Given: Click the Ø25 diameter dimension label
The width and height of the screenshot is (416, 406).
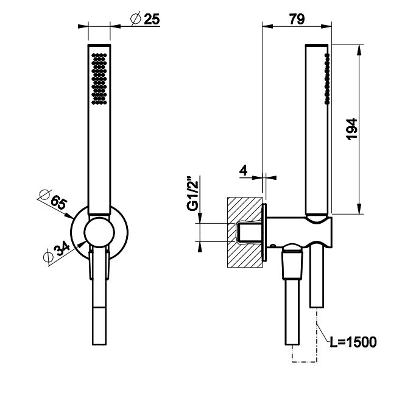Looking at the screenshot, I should click(144, 19).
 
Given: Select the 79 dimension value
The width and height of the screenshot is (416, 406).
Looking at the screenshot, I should click(297, 19).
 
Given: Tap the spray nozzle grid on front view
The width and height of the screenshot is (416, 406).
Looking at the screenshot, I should click(99, 77).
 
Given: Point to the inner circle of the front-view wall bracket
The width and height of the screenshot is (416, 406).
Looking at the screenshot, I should click(99, 233).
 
